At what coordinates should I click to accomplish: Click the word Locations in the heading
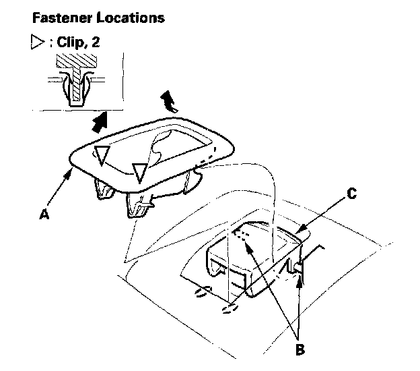[x=130, y=18]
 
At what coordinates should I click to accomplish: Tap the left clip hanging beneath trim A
[x=103, y=191]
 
